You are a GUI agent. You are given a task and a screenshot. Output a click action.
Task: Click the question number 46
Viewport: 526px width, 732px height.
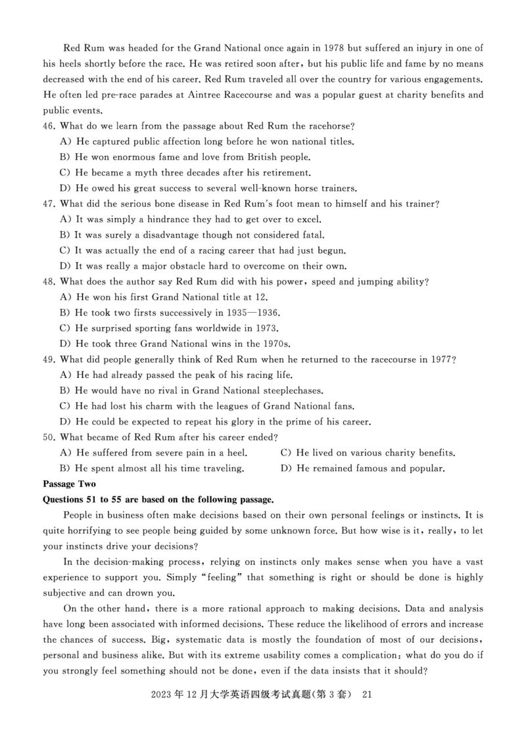pyautogui.click(x=49, y=126)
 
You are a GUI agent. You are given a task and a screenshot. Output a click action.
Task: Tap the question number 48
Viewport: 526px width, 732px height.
pyautogui.click(x=49, y=282)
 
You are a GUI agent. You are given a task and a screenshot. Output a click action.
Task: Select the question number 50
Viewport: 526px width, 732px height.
pyautogui.click(x=49, y=437)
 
